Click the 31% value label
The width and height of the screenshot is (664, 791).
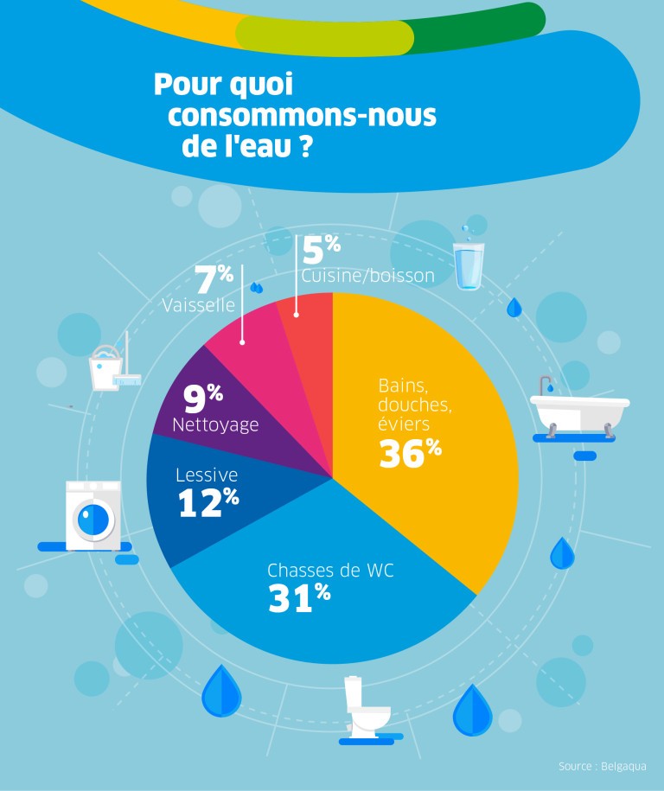pos(299,597)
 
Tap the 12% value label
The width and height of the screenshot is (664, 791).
pos(208,503)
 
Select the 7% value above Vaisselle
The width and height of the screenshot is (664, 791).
pos(214,280)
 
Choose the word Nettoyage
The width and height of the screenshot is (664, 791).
pos(215,425)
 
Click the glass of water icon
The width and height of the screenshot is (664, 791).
pos(468,264)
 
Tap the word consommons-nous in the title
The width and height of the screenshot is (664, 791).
pos(302,116)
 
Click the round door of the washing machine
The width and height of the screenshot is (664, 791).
pos(93,520)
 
